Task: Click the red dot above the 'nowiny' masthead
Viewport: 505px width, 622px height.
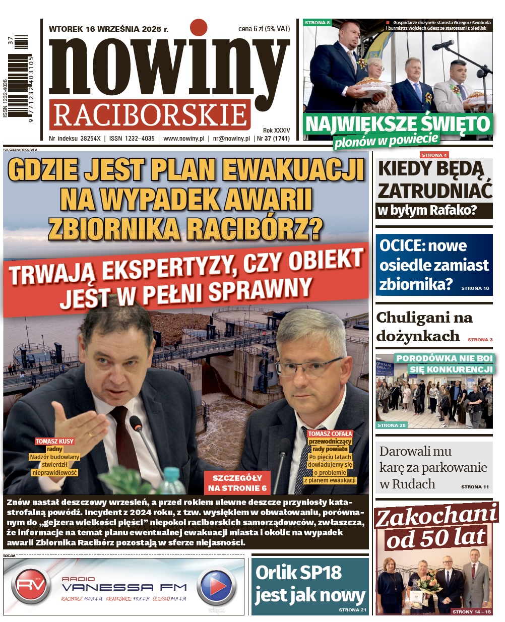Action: (199, 28)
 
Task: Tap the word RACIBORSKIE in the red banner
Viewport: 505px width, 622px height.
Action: (150, 115)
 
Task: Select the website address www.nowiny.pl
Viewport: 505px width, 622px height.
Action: (183, 138)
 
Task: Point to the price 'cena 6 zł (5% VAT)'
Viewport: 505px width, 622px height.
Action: (264, 29)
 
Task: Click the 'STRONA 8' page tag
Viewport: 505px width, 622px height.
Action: (318, 23)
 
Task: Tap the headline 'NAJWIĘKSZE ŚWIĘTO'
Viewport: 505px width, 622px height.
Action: (398, 124)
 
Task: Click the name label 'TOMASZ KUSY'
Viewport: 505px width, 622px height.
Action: (54, 441)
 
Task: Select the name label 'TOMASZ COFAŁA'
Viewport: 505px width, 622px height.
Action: (330, 433)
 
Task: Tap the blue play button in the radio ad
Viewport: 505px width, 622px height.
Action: (216, 586)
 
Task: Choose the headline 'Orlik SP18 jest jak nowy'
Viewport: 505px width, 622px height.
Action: (309, 584)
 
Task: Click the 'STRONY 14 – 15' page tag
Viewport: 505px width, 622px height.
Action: (471, 611)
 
